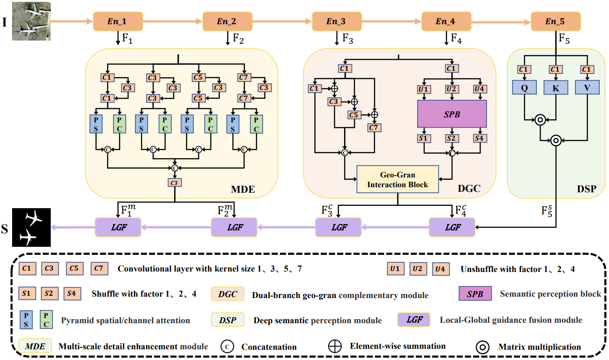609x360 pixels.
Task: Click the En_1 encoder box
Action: (117, 21)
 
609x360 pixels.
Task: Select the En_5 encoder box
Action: (556, 21)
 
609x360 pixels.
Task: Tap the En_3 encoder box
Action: (336, 21)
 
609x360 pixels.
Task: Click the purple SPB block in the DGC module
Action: (452, 114)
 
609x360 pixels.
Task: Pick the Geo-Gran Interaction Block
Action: (398, 179)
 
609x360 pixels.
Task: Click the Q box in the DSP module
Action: (524, 88)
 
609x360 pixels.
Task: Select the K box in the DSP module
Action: (556, 88)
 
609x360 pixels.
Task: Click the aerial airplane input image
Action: (31, 21)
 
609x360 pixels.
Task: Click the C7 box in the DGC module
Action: (374, 127)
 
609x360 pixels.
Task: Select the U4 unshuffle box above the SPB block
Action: (480, 89)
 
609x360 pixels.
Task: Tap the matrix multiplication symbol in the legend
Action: (482, 346)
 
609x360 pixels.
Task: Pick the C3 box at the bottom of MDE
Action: (175, 183)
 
